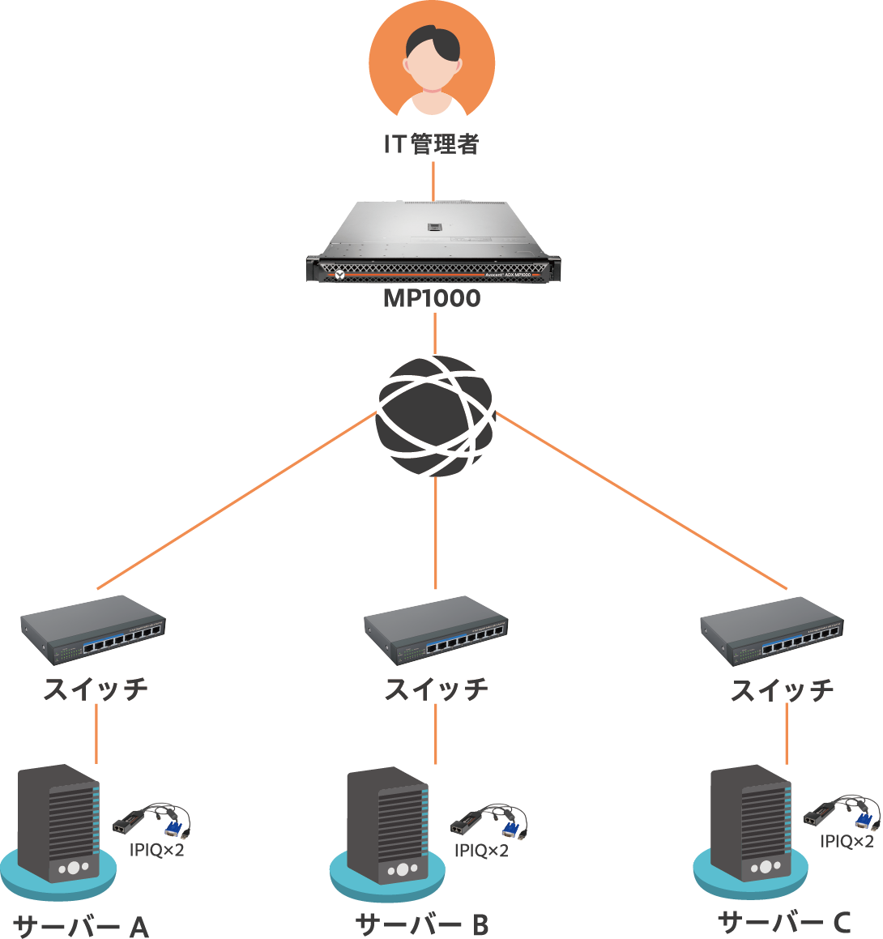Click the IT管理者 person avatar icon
point(432,62)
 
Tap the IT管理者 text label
point(432,144)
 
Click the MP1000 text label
point(432,298)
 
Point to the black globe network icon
point(436,416)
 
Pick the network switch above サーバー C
point(772,630)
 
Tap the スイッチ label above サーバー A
point(96,689)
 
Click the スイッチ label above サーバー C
point(783,690)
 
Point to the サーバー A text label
point(82,925)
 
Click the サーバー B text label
point(422,924)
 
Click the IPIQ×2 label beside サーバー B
point(481,850)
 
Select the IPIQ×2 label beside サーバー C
point(847,841)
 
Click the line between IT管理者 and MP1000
point(433,181)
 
